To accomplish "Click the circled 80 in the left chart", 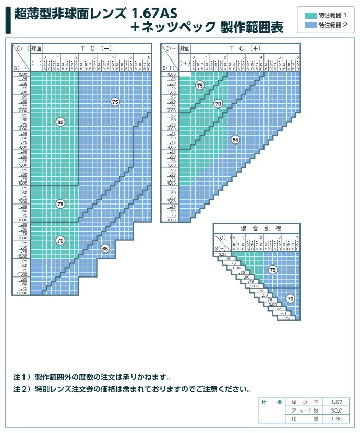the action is click(x=61, y=122).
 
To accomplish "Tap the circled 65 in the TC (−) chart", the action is click(x=105, y=249).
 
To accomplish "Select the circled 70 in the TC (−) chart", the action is click(x=61, y=240).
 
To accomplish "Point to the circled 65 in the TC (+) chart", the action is click(x=235, y=140).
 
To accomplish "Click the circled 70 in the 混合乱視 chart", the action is click(x=291, y=299).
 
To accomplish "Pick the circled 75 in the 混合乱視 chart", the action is click(x=272, y=270).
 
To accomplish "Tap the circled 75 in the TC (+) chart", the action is click(x=200, y=86).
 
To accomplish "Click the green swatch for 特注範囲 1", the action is click(x=310, y=15).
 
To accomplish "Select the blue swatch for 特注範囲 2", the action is click(x=310, y=25).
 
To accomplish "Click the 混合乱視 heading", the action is click(x=257, y=228).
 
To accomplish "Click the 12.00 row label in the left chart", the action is click(x=22, y=293).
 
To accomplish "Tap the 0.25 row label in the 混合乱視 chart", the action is click(x=223, y=254).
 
